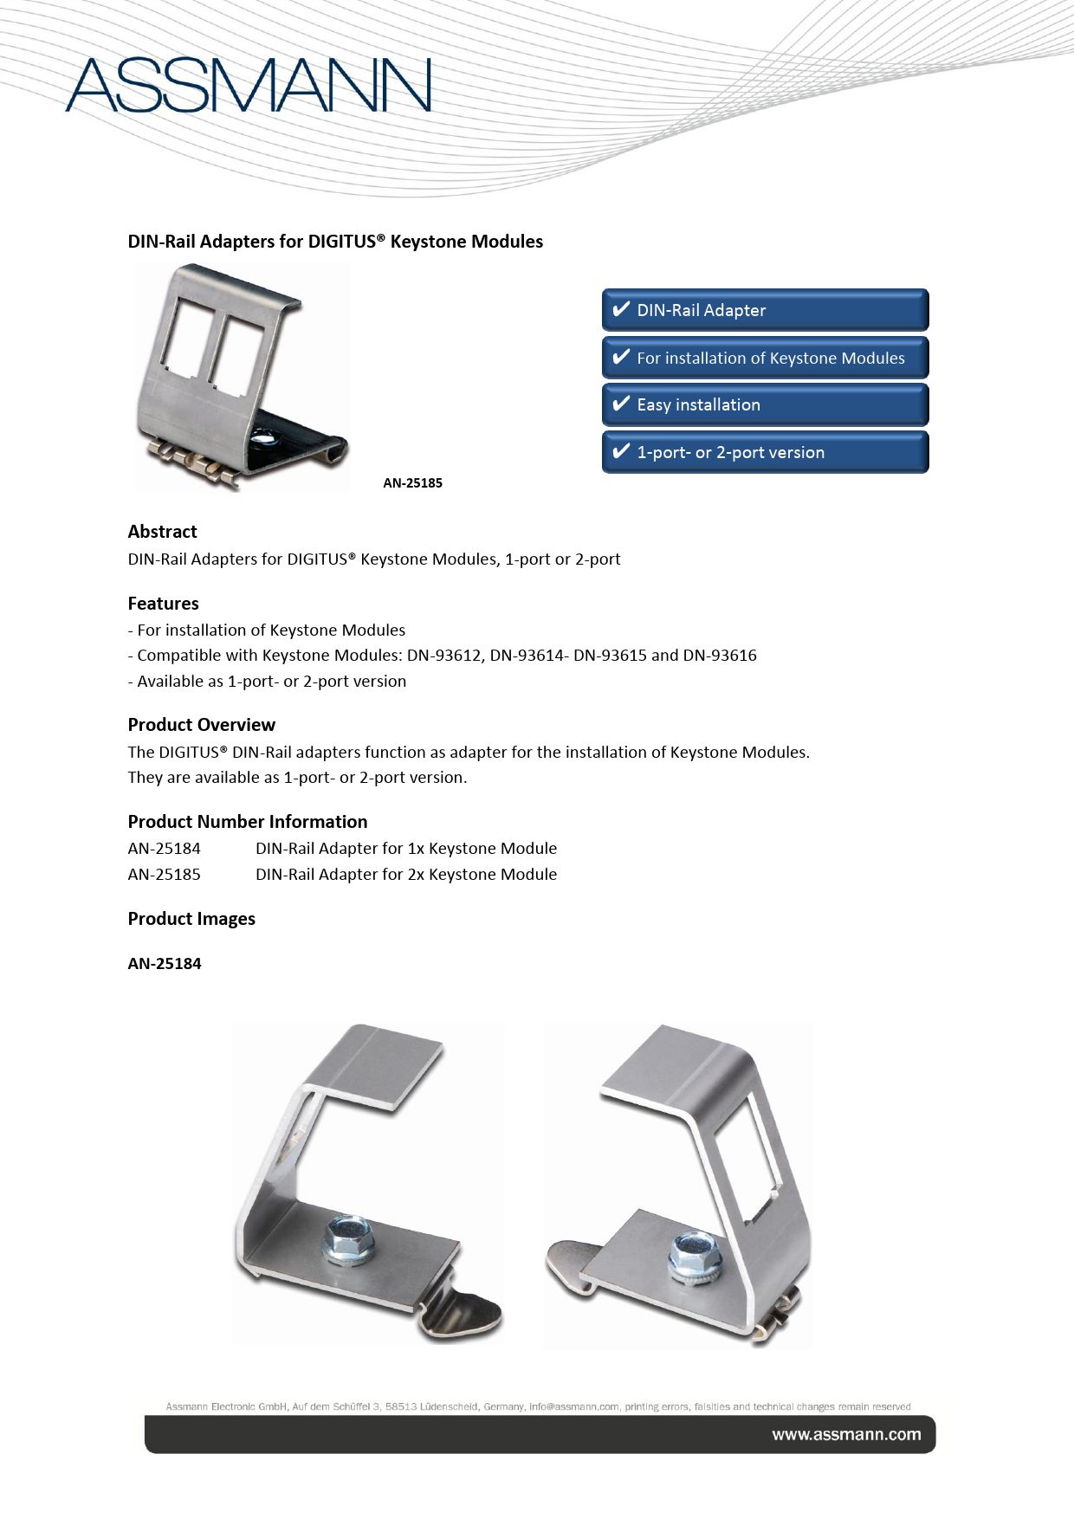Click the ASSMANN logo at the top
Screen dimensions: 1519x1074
(249, 86)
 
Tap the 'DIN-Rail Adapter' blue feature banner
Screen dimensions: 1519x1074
(765, 310)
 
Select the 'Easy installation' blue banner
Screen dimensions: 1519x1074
(765, 404)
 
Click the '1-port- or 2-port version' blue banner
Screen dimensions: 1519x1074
(765, 452)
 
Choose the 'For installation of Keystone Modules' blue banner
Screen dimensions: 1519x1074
(765, 358)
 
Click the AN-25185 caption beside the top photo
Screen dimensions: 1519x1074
(412, 483)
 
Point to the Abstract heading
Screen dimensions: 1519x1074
(162, 532)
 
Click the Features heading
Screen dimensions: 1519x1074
(163, 604)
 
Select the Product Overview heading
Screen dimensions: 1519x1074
(201, 725)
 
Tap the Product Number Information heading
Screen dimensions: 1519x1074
(247, 822)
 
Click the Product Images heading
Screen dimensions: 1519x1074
(191, 919)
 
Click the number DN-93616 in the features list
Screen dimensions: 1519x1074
(720, 656)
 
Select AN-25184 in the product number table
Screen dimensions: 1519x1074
(164, 849)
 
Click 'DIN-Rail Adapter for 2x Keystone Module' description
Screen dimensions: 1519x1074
(405, 875)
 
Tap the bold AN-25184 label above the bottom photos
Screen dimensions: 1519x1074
(164, 964)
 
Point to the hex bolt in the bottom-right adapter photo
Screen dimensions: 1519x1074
(693, 1251)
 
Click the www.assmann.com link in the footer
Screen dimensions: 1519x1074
(846, 1435)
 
